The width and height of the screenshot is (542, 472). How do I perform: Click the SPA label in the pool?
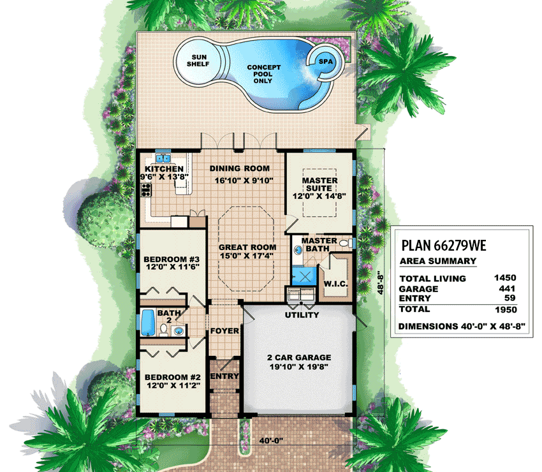326,61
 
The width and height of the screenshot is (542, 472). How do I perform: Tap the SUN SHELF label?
198,61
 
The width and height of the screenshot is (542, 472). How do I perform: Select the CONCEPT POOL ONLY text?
263,74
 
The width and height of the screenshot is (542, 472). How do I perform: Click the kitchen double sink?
163,158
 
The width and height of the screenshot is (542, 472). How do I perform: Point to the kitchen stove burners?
146,190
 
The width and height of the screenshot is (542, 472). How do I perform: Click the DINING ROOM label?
240,168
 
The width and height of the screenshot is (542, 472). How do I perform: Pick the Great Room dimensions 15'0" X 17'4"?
247,256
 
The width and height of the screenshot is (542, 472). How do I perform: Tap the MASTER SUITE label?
319,184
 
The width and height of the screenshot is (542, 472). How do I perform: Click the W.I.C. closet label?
335,284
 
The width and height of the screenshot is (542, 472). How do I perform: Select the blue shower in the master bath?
304,276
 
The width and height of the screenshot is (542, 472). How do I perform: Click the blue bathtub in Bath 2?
147,322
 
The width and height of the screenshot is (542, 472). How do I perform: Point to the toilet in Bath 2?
163,330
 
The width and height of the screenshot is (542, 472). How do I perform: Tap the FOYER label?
224,331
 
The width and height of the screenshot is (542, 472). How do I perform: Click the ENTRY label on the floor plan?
224,376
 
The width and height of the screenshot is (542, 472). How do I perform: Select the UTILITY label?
302,314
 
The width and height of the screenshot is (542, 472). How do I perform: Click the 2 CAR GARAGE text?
299,358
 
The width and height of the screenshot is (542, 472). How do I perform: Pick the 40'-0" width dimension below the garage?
271,441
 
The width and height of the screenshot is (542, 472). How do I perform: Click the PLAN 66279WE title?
444,245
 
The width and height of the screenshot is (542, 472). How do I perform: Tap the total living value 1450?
505,277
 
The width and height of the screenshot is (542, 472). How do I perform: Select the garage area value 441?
507,288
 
